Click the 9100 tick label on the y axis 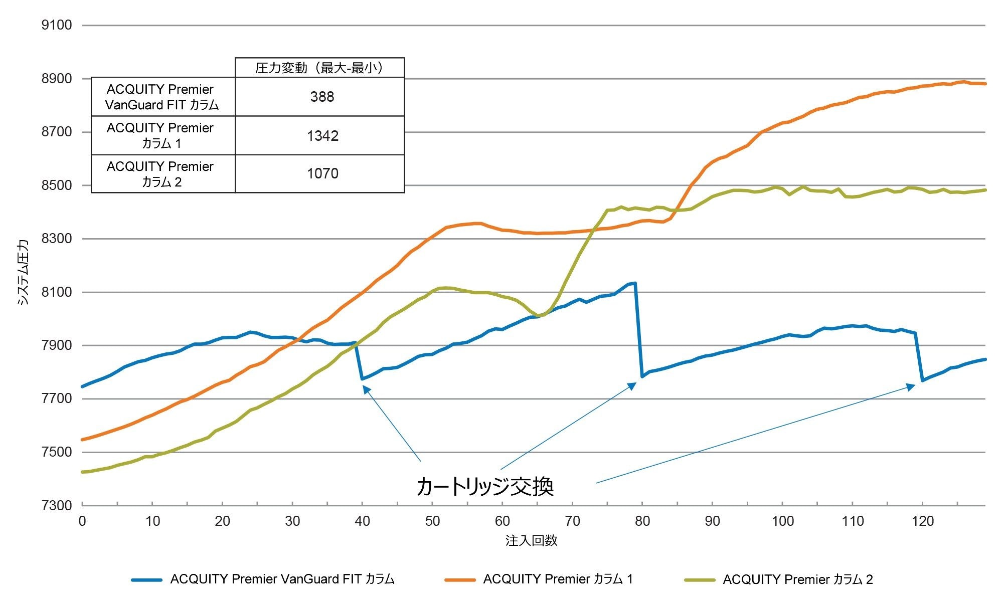(57, 25)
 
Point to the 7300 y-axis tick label (57, 505)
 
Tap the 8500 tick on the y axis (57, 185)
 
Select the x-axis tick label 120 (923, 522)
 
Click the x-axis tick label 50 (432, 522)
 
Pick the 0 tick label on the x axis (82, 522)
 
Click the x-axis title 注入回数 (532, 541)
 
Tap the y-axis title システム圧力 (23, 272)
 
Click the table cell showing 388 (322, 97)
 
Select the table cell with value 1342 (322, 136)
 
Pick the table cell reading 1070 (322, 174)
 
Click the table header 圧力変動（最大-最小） (319, 68)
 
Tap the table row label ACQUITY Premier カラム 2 (160, 174)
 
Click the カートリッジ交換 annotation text (485, 486)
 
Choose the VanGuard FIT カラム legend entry (282, 579)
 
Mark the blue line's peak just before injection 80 (635, 283)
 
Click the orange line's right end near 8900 (984, 84)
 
